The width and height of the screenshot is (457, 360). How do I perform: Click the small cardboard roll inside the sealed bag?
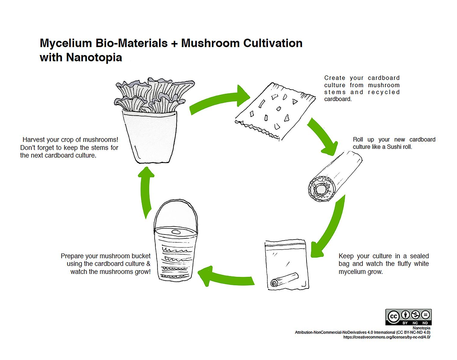pos(284,280)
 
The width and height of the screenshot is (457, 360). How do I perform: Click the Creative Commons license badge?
pos(409,317)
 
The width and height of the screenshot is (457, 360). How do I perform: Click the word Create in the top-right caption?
pos(334,78)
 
